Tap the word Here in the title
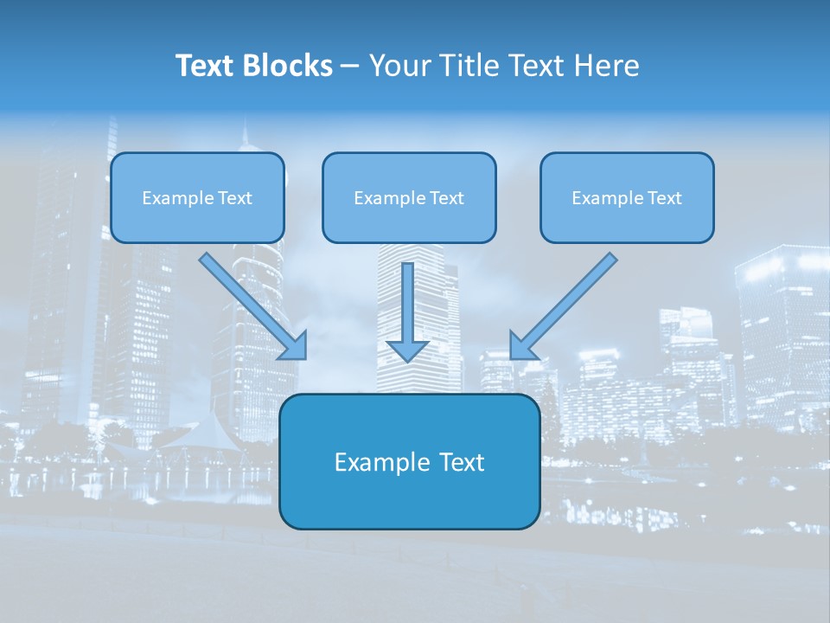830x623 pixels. (608, 66)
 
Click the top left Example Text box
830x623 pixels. (197, 197)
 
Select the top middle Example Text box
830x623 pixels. (409, 197)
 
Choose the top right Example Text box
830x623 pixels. (627, 197)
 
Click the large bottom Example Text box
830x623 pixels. (409, 462)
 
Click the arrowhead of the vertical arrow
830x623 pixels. (407, 350)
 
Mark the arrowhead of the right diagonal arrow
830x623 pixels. (521, 347)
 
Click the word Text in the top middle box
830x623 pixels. (447, 197)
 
